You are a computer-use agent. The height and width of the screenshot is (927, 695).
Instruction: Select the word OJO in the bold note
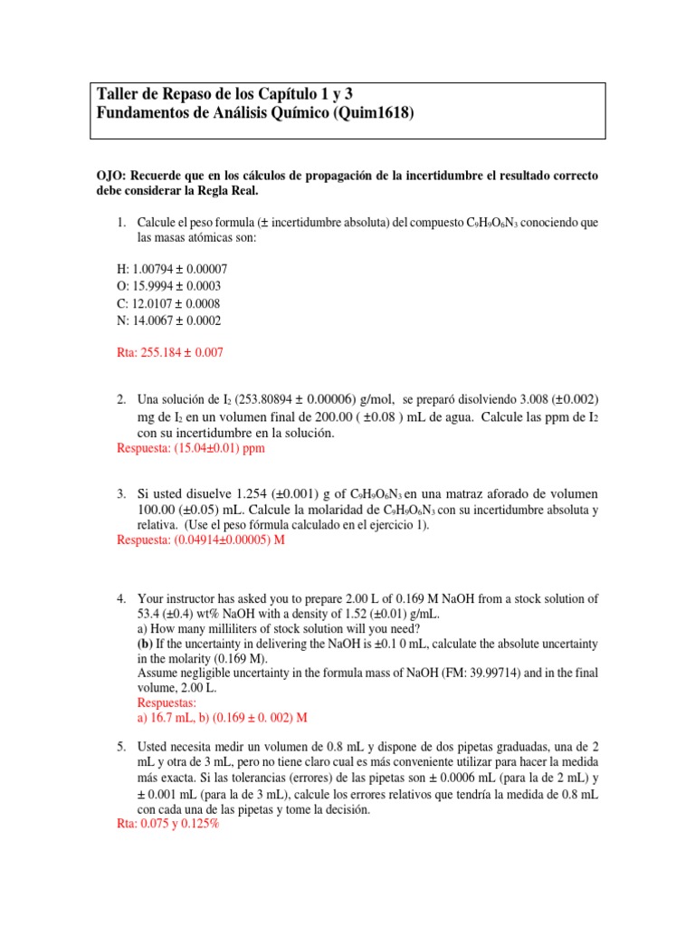111,175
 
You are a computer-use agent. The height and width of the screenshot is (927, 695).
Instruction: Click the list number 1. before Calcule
123,222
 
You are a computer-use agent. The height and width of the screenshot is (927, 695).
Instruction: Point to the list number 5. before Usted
123,747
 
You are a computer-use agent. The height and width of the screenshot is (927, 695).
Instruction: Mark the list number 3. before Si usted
123,494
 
